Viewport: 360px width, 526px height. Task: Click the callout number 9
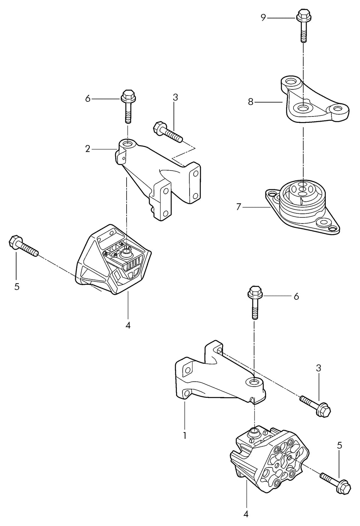pyautogui.click(x=263, y=18)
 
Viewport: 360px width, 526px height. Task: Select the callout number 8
pyautogui.click(x=251, y=102)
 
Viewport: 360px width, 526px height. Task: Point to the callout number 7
pyautogui.click(x=239, y=207)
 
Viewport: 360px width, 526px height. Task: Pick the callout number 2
pyautogui.click(x=88, y=149)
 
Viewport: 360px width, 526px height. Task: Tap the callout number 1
pyautogui.click(x=185, y=435)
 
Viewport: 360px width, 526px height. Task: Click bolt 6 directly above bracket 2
pyautogui.click(x=128, y=106)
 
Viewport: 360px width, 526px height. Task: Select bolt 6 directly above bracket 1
pyautogui.click(x=255, y=302)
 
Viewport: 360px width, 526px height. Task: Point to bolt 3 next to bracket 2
pyautogui.click(x=168, y=132)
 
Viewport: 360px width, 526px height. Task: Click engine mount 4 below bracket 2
pyautogui.click(x=113, y=260)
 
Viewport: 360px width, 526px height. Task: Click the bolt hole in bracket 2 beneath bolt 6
pyautogui.click(x=128, y=143)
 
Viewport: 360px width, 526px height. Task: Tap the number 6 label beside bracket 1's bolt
pyautogui.click(x=297, y=296)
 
